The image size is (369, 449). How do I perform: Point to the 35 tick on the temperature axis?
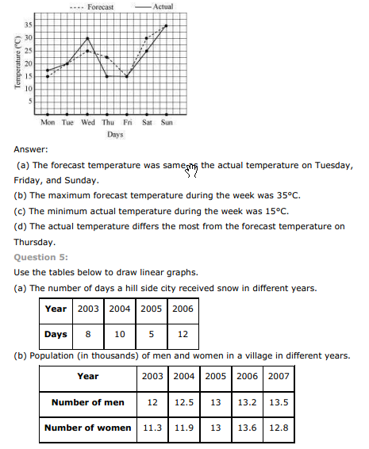coord(29,25)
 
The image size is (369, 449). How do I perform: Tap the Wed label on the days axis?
coord(87,122)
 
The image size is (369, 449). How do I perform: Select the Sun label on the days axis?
coord(167,122)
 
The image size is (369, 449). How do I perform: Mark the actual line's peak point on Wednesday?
coord(87,38)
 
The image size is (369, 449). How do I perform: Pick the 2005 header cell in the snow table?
coord(150,309)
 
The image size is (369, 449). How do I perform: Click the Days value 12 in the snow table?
coord(182,335)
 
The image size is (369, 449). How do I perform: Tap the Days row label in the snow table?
coord(56,335)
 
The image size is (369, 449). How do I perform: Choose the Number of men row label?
coord(87,402)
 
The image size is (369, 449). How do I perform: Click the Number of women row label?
coord(87,428)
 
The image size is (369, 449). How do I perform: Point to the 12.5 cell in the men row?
coord(184,402)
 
